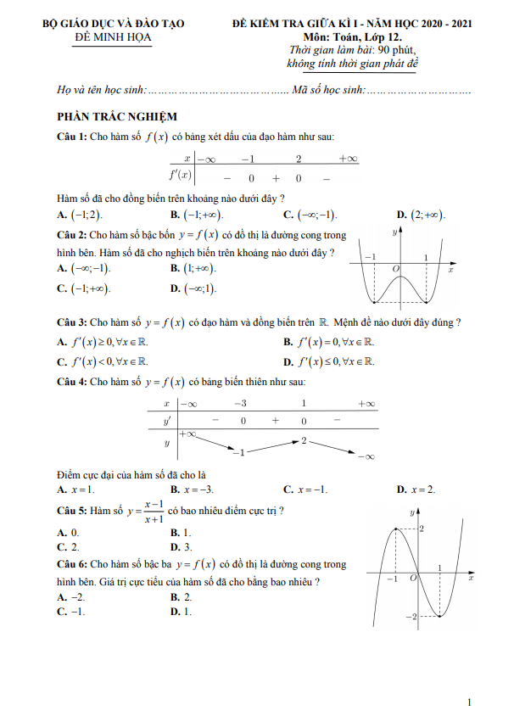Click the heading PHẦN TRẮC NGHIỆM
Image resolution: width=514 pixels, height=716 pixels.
click(x=117, y=117)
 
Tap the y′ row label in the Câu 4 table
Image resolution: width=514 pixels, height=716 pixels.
click(x=166, y=420)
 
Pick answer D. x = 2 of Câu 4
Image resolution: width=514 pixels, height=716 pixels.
click(x=416, y=489)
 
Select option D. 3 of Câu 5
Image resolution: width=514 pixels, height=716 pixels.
click(x=181, y=548)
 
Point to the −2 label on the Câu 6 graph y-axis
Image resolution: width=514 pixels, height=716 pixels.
click(x=409, y=615)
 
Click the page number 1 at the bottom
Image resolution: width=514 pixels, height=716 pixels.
click(x=469, y=702)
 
